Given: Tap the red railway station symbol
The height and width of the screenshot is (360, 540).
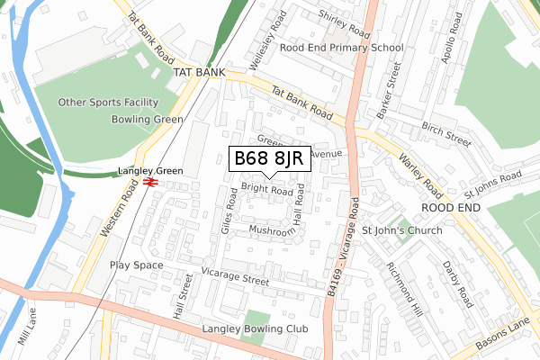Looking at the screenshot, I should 150,183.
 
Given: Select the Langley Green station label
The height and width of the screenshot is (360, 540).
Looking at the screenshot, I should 150,171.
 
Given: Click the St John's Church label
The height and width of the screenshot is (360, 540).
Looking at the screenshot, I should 401,231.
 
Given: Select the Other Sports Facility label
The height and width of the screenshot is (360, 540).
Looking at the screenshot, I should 108,103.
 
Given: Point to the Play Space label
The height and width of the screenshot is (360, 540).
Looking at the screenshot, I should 137,265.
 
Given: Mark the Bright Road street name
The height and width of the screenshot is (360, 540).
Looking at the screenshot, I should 266,191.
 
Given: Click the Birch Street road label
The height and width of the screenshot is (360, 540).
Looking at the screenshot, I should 446,134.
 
